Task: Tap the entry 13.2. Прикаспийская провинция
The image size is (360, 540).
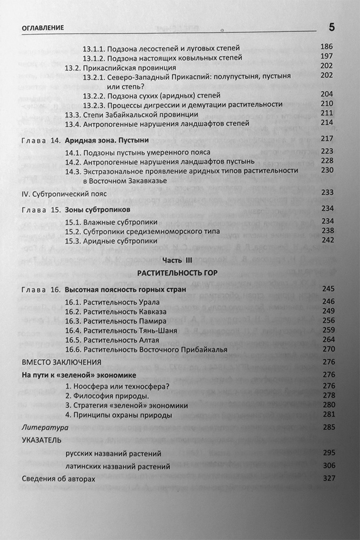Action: pos(120,68)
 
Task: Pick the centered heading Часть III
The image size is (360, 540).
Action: pos(177,261)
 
